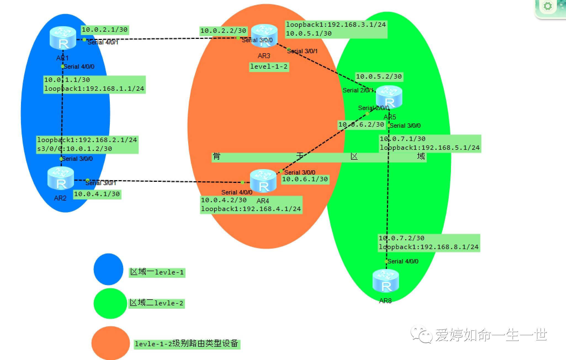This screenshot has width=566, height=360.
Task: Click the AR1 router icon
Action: [63, 38]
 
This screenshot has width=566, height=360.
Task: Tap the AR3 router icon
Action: [264, 35]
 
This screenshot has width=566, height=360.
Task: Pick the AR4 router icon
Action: [263, 181]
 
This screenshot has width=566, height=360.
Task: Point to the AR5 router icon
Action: [389, 97]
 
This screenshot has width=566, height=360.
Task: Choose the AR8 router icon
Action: [386, 281]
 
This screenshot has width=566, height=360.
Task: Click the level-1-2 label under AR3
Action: [269, 66]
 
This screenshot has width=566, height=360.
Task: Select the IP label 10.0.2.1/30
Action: [105, 30]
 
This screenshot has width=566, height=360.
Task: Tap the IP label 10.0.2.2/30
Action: [223, 31]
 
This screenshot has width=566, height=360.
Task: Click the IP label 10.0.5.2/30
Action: [379, 76]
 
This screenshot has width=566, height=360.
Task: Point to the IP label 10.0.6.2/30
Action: [361, 125]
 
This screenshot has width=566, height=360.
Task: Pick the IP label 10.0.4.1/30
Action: [97, 194]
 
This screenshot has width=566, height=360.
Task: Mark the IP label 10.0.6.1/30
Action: [305, 179]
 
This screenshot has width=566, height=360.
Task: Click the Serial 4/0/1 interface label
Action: [103, 42]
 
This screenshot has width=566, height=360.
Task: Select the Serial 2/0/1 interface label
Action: [358, 90]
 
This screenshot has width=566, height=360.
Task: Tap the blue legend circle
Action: [108, 269]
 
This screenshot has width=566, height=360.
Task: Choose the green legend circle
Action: [110, 303]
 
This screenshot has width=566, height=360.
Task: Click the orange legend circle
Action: [110, 343]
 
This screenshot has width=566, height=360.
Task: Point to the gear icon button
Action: [548, 6]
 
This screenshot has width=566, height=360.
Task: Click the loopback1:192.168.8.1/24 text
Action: [429, 247]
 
